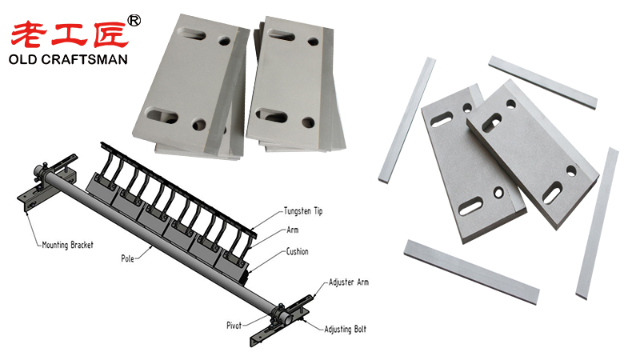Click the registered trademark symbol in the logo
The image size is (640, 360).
(x=134, y=21)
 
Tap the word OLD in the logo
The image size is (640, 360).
(x=23, y=59)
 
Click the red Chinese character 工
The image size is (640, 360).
(x=69, y=35)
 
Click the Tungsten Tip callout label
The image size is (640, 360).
(x=303, y=211)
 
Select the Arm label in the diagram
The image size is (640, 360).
(x=292, y=230)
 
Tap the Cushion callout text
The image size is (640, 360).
(x=297, y=251)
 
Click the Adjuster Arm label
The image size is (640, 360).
(x=349, y=282)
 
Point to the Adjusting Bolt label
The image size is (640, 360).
(x=346, y=330)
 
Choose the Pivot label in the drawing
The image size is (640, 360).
(x=234, y=326)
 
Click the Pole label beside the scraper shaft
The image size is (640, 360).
(x=127, y=258)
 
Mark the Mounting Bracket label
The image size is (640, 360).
(x=68, y=245)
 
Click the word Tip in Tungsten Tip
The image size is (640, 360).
(x=318, y=211)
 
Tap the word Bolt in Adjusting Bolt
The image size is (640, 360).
(x=360, y=329)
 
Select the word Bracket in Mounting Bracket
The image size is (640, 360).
(x=82, y=245)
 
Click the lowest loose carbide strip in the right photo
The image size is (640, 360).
(x=471, y=272)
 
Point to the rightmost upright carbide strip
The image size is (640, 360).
(x=597, y=224)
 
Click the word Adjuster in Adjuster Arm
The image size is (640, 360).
(x=342, y=282)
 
